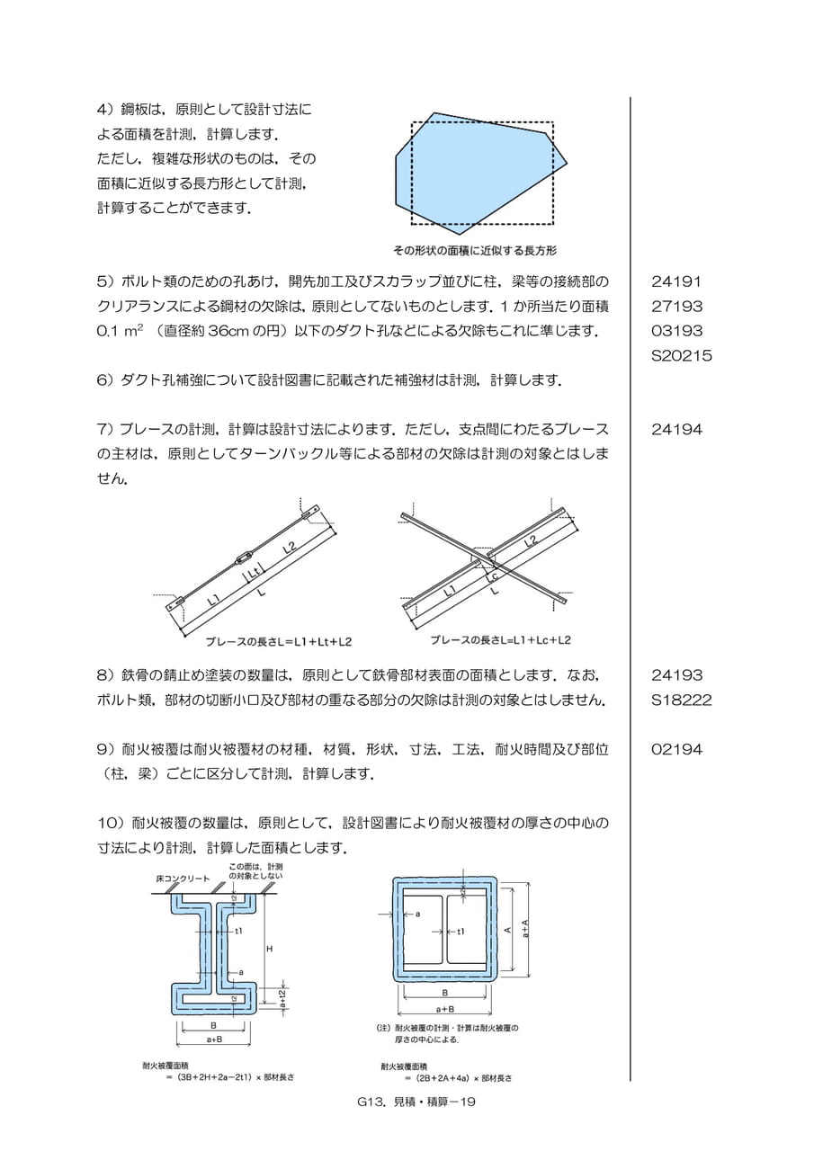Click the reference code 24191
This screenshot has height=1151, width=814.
point(676,281)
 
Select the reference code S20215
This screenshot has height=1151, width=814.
point(682,355)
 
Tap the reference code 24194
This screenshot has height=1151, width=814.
point(676,429)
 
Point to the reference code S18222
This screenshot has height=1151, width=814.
point(682,700)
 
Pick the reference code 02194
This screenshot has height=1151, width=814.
point(676,749)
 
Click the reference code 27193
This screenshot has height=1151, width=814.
point(676,307)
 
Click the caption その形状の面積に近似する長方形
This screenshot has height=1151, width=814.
point(475,251)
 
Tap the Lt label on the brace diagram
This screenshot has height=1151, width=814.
point(255,571)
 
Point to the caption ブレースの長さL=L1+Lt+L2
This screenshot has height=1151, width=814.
point(279,642)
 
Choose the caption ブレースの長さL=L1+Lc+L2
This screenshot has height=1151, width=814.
point(500,640)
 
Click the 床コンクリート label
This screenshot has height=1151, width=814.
point(183,879)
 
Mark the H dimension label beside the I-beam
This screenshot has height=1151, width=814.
point(269,949)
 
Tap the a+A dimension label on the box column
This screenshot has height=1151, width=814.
point(524,930)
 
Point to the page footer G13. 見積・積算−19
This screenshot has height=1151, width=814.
point(416,1111)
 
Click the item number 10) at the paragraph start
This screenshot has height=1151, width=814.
point(112,823)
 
